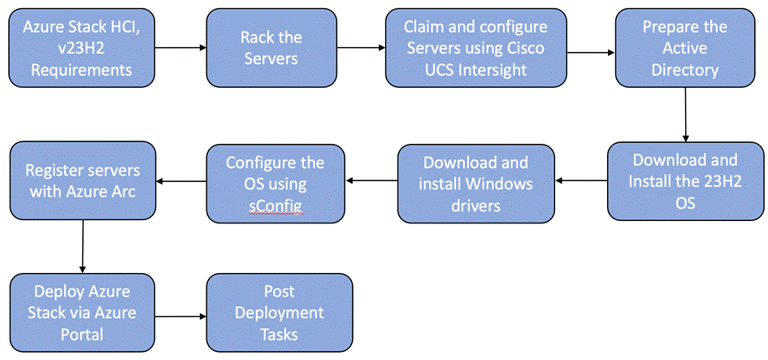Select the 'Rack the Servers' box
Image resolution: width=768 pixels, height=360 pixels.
click(x=271, y=48)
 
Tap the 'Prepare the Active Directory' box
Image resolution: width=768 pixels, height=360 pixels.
click(x=685, y=48)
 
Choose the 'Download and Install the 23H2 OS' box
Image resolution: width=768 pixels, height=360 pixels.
click(x=685, y=181)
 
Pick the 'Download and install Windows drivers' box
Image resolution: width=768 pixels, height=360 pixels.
click(x=475, y=184)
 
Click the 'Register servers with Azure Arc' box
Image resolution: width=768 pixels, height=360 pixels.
click(x=82, y=181)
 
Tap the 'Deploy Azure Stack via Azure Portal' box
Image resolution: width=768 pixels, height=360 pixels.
click(x=82, y=313)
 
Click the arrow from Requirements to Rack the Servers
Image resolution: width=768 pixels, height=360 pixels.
click(x=180, y=48)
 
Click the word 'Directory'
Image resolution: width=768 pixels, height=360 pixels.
click(x=685, y=70)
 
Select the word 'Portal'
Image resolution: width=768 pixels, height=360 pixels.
click(x=82, y=334)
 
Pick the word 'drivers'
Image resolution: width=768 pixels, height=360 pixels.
click(x=475, y=206)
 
